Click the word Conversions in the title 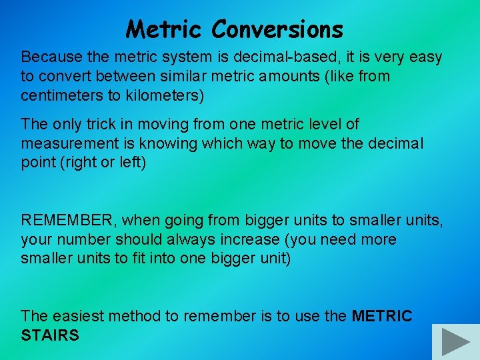[x=277, y=29]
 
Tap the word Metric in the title [x=165, y=29]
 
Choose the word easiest [x=77, y=316]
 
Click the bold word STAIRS [x=50, y=335]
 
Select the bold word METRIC [x=382, y=316]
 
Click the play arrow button [x=456, y=341]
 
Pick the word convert [x=61, y=76]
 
